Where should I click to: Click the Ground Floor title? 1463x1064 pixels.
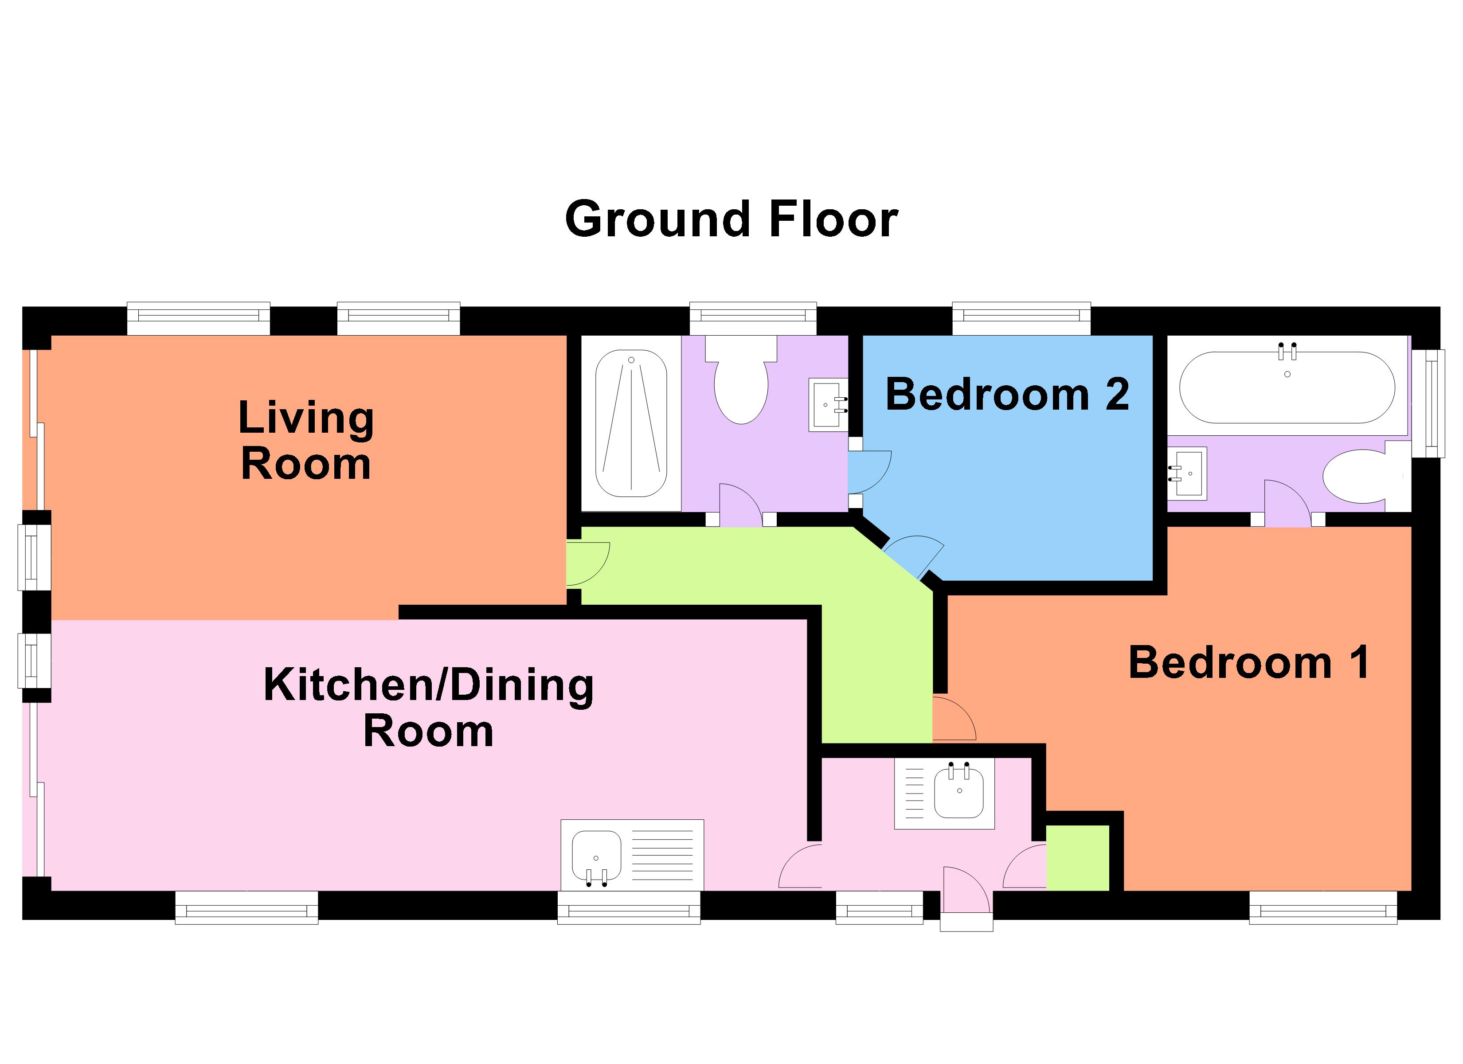coord(731,219)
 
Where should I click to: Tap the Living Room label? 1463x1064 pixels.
coord(306,441)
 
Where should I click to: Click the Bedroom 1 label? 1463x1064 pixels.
coord(1249,663)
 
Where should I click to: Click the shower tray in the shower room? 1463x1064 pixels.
coord(631,423)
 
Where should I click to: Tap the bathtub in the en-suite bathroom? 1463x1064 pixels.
coord(1287,387)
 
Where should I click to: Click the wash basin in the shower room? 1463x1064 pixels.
coord(828,405)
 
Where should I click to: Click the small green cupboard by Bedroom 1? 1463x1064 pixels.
coord(1077,857)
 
